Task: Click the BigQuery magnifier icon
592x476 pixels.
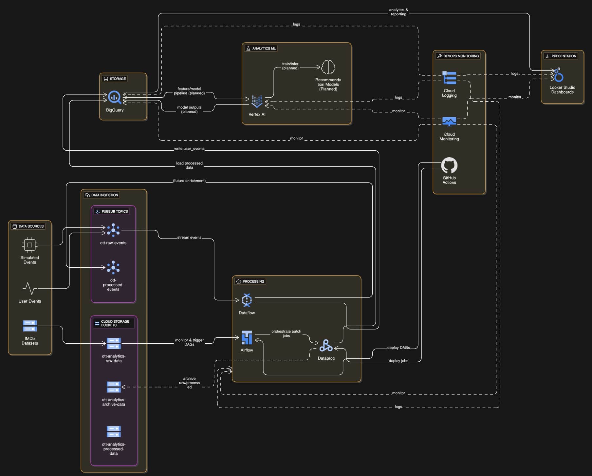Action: click(115, 97)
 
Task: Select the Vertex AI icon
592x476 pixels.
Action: click(257, 101)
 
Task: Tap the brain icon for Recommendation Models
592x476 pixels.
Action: click(328, 67)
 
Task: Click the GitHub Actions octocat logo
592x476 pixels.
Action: click(449, 165)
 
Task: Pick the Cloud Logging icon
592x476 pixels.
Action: click(449, 78)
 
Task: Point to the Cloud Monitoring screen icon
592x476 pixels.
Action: click(449, 122)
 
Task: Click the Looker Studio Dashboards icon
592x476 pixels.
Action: click(559, 75)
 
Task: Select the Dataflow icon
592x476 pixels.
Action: click(247, 300)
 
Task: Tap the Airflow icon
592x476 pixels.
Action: click(247, 337)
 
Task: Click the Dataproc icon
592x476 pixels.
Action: click(326, 345)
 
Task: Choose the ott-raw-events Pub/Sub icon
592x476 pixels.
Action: click(113, 230)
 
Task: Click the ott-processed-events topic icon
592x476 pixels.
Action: click(113, 267)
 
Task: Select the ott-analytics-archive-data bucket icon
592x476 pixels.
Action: click(114, 387)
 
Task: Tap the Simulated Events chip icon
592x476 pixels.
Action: click(29, 245)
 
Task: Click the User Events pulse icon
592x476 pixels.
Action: click(29, 288)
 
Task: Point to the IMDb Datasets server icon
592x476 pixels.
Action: click(30, 326)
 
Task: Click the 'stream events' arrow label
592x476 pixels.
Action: click(189, 238)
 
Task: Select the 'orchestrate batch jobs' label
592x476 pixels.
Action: click(286, 333)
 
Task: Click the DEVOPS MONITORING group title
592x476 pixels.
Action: click(461, 56)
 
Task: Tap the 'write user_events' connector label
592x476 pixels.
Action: click(189, 149)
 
